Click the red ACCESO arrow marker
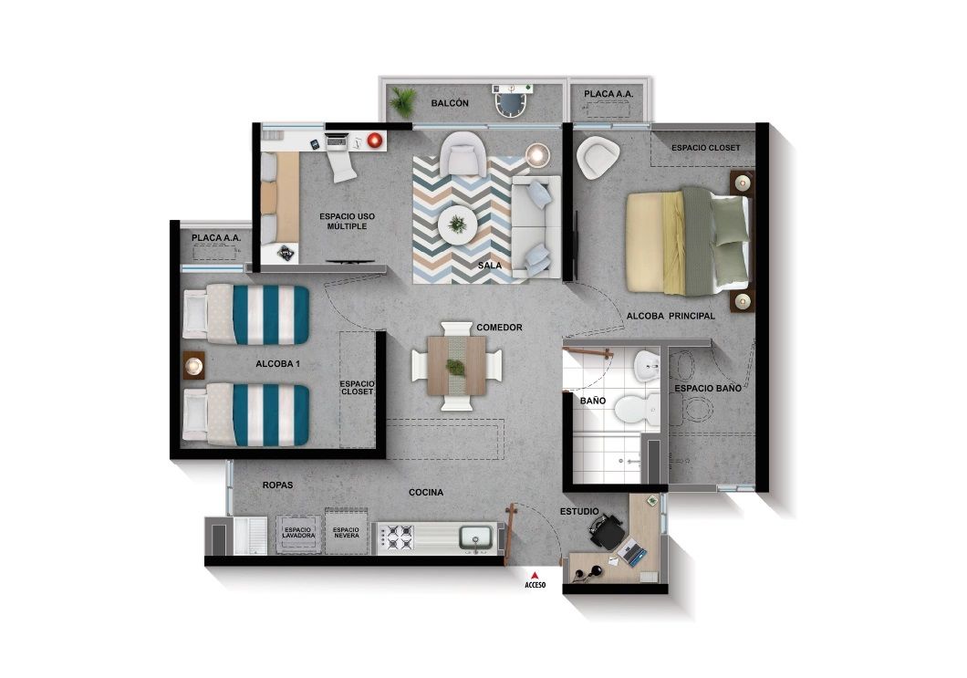coord(535,574)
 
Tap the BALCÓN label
coord(450,104)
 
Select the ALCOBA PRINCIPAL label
coord(670,316)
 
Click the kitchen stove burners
coord(396,537)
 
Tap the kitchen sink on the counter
coord(476,537)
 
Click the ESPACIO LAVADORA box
coord(299,532)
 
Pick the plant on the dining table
coord(455,367)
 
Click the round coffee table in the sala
coord(457,223)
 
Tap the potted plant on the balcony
coord(402,101)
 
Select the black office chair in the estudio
coord(606,531)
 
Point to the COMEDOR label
coord(499,327)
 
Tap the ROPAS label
coord(276,485)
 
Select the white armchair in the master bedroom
coord(598,158)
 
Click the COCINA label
coord(426,493)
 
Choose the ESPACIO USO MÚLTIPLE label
coord(347,221)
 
